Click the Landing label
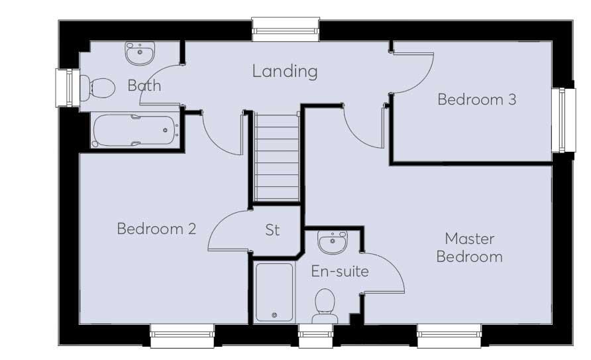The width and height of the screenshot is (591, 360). tap(285, 71)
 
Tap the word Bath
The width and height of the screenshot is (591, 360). tap(144, 86)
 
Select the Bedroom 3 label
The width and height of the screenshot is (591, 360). tap(476, 99)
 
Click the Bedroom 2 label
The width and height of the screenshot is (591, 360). tap(156, 229)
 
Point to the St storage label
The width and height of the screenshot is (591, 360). tap(272, 230)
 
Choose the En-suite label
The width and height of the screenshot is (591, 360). tap(340, 271)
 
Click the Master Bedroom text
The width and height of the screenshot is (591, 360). tap(469, 247)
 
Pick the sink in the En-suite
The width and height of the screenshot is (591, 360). tap(331, 242)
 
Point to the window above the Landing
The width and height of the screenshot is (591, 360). tap(286, 30)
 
